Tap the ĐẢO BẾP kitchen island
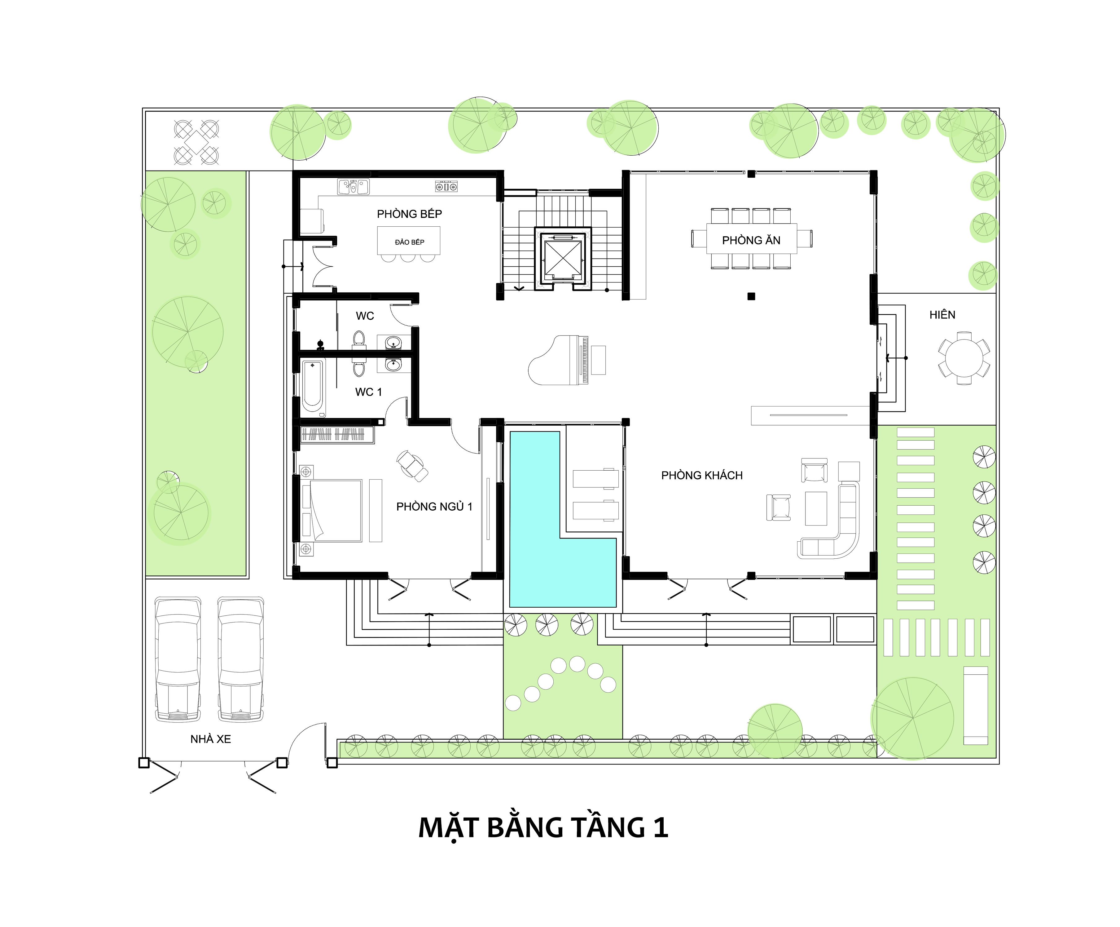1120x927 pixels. click(409, 241)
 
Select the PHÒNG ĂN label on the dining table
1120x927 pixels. click(751, 240)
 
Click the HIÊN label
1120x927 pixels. click(942, 315)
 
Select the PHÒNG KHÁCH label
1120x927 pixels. click(702, 476)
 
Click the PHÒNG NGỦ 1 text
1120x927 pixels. click(434, 507)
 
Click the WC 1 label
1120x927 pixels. click(369, 392)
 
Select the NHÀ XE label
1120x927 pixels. click(211, 739)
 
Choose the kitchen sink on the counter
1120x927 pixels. click(353, 187)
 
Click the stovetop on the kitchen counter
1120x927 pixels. click(446, 187)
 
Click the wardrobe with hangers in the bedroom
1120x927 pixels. click(336, 435)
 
